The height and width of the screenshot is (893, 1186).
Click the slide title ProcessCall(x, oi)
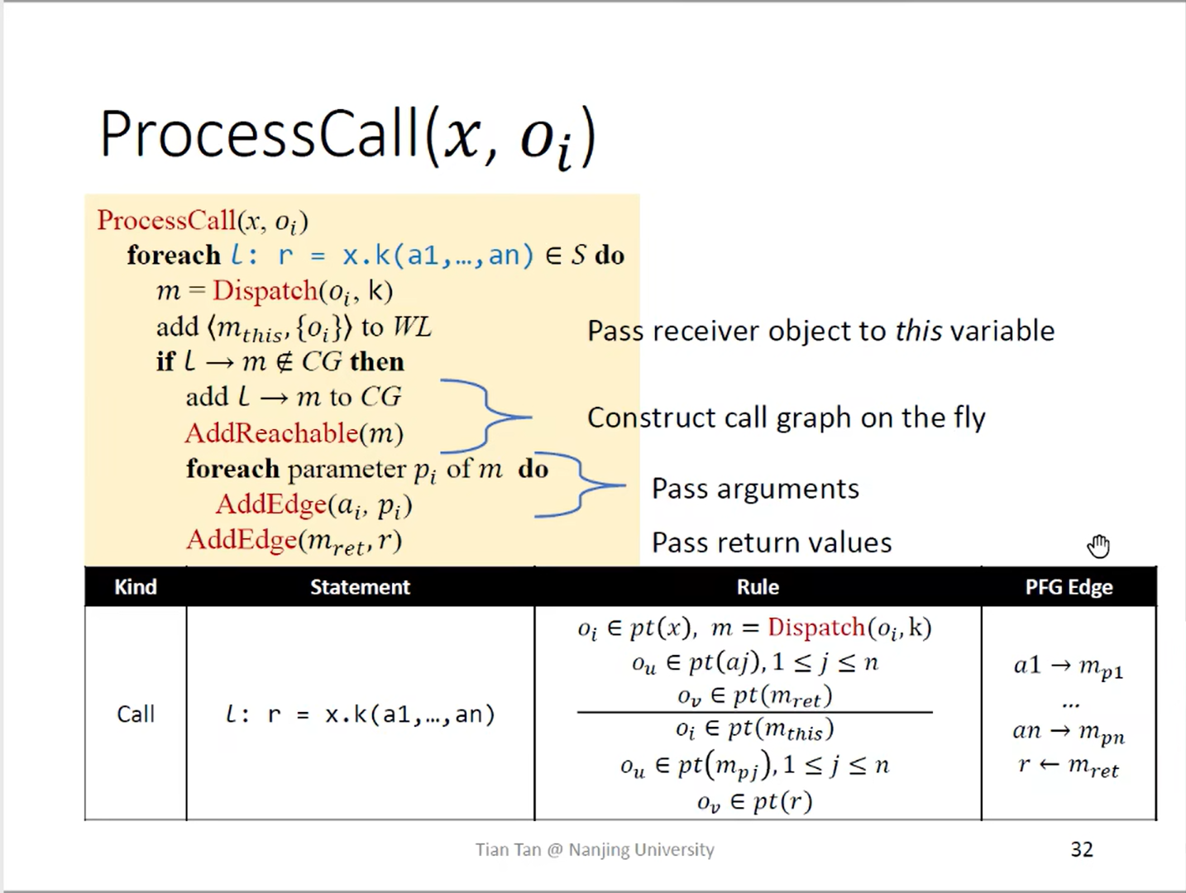pos(347,136)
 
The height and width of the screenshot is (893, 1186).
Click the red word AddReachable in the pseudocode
pos(271,433)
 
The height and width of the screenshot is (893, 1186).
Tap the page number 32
pos(1082,849)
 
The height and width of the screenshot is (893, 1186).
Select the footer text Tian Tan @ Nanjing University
pos(595,849)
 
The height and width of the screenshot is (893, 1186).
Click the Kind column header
pos(136,587)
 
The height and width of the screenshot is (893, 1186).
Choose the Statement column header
pos(360,587)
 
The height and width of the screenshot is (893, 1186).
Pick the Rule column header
pos(758,587)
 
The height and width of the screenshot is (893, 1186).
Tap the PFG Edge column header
pos(1069,587)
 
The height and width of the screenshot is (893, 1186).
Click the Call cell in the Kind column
pos(136,714)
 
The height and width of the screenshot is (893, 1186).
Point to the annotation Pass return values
pos(772,542)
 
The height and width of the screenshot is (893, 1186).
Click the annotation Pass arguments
pos(755,489)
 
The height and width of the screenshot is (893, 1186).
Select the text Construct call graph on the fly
pos(786,418)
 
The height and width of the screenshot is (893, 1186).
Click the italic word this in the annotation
pos(918,331)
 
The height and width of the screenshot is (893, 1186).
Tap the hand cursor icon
pos(1098,546)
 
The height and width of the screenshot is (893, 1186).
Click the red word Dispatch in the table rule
pos(815,628)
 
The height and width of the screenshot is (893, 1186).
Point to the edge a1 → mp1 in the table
pos(1068,666)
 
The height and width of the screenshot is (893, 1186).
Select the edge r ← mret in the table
pos(1068,766)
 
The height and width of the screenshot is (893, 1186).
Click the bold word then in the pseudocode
pos(377,362)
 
